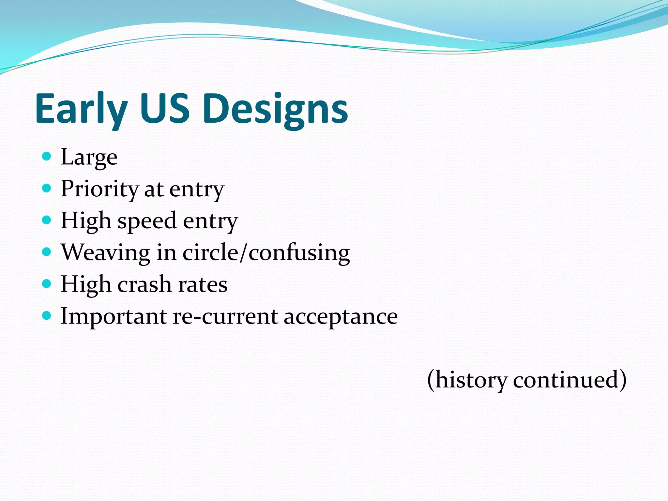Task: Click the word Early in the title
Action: [x=81, y=109]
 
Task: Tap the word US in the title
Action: [x=164, y=109]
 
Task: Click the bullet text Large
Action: [x=89, y=158]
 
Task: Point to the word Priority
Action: [x=99, y=189]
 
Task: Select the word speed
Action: [x=147, y=221]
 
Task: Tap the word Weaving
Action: [x=105, y=253]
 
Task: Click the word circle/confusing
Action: [x=266, y=253]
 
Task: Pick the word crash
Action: [x=144, y=284]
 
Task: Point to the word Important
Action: [x=114, y=316]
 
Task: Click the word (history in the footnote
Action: [x=467, y=380]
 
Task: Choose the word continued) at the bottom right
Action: [x=569, y=380]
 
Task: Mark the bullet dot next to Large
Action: [x=47, y=156]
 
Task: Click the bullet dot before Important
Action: [x=47, y=315]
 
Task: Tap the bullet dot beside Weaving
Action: [x=47, y=252]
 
